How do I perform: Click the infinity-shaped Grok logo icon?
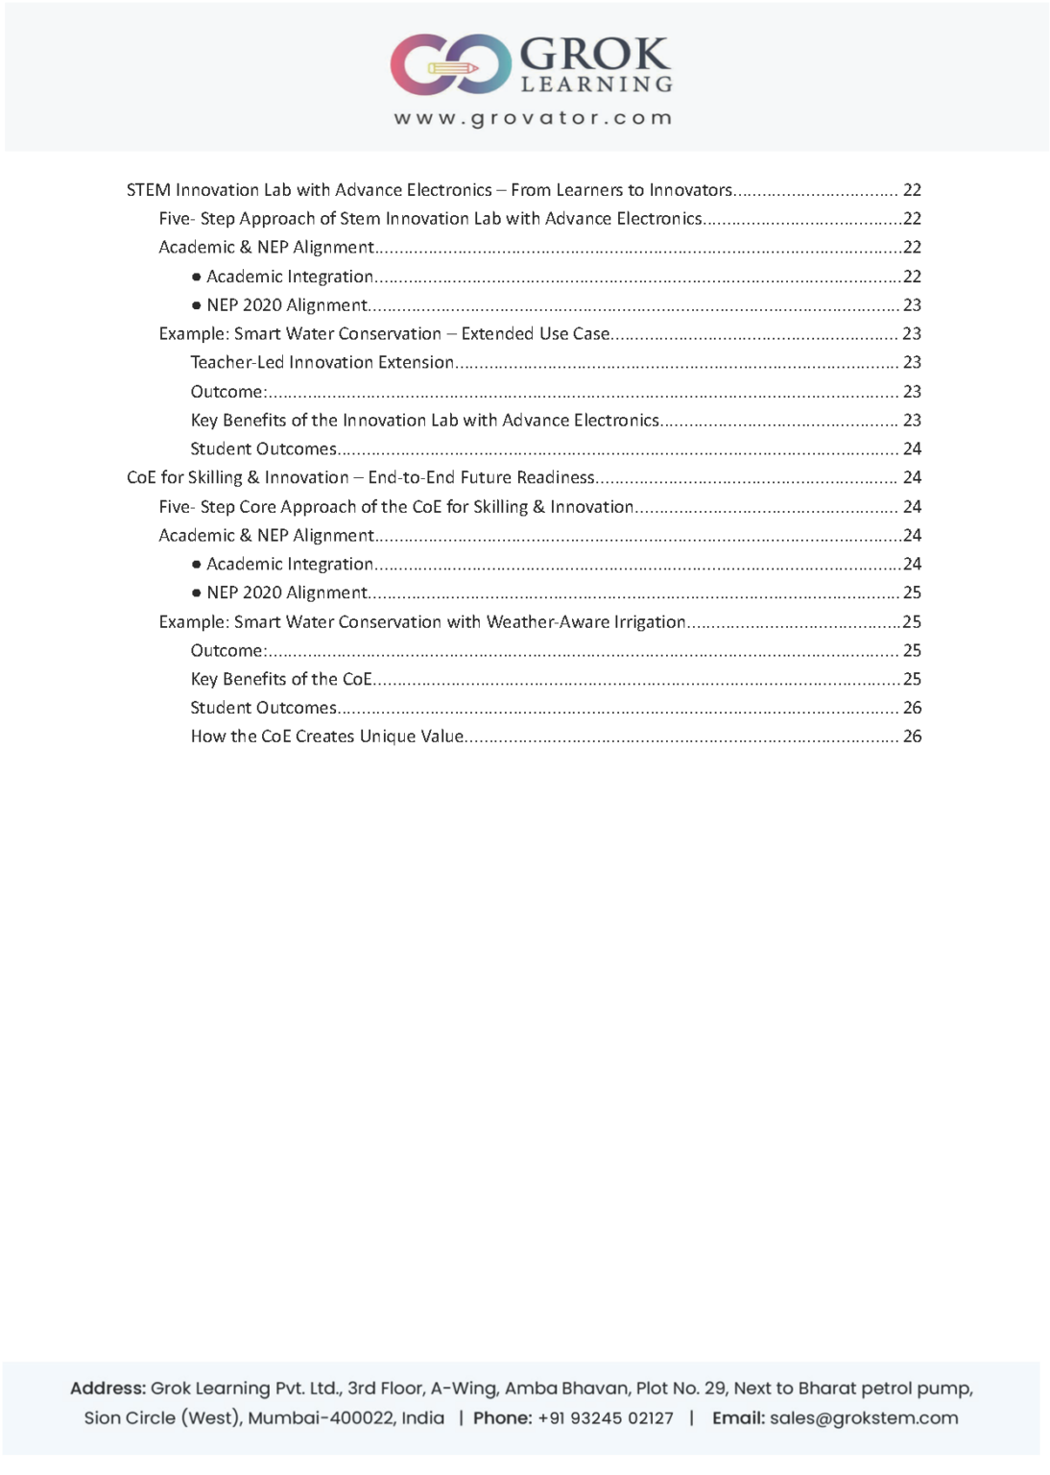(x=450, y=64)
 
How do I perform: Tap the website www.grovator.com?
(x=533, y=118)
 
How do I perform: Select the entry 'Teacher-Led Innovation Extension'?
(x=322, y=362)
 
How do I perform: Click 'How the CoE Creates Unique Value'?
(x=327, y=737)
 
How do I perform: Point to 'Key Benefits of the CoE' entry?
(x=280, y=679)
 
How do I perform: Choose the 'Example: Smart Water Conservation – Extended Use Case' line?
(x=384, y=333)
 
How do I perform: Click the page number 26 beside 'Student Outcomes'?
(x=912, y=708)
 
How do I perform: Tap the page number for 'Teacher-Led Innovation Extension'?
(x=912, y=362)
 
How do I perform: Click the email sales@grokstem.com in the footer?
(x=864, y=1417)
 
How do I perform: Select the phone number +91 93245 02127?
(x=606, y=1417)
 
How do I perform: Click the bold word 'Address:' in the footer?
(x=108, y=1389)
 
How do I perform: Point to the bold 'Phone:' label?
(x=503, y=1417)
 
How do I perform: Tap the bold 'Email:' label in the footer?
(x=738, y=1417)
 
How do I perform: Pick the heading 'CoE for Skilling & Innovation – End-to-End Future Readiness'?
(x=361, y=477)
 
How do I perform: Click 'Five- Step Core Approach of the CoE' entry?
(x=396, y=506)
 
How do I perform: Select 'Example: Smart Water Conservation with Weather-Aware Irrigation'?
(x=422, y=621)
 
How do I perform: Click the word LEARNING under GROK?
(x=596, y=85)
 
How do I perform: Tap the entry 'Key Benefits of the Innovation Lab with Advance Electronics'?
(x=424, y=420)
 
